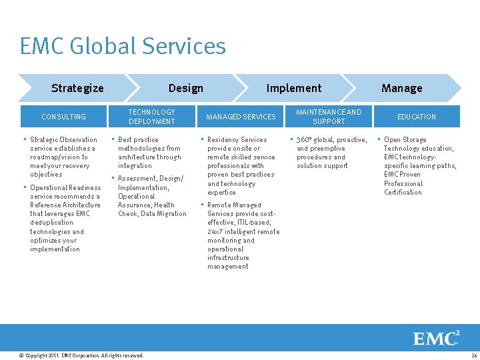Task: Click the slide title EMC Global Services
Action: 123,46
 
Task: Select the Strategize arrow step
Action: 77,88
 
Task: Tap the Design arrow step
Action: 185,88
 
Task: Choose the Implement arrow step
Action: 293,88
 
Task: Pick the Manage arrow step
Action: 401,88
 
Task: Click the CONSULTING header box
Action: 63,117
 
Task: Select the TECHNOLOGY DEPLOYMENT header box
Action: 151,117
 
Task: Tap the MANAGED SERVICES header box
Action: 241,117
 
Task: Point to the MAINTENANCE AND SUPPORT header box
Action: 329,117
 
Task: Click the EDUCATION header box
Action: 417,117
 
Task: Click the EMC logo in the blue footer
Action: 436,338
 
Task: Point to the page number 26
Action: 473,355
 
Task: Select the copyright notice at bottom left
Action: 81,355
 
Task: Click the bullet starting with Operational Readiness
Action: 65,218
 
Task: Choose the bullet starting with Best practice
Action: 149,153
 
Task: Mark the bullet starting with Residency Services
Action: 241,165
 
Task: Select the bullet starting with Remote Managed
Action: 243,235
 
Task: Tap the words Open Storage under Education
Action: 405,140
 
